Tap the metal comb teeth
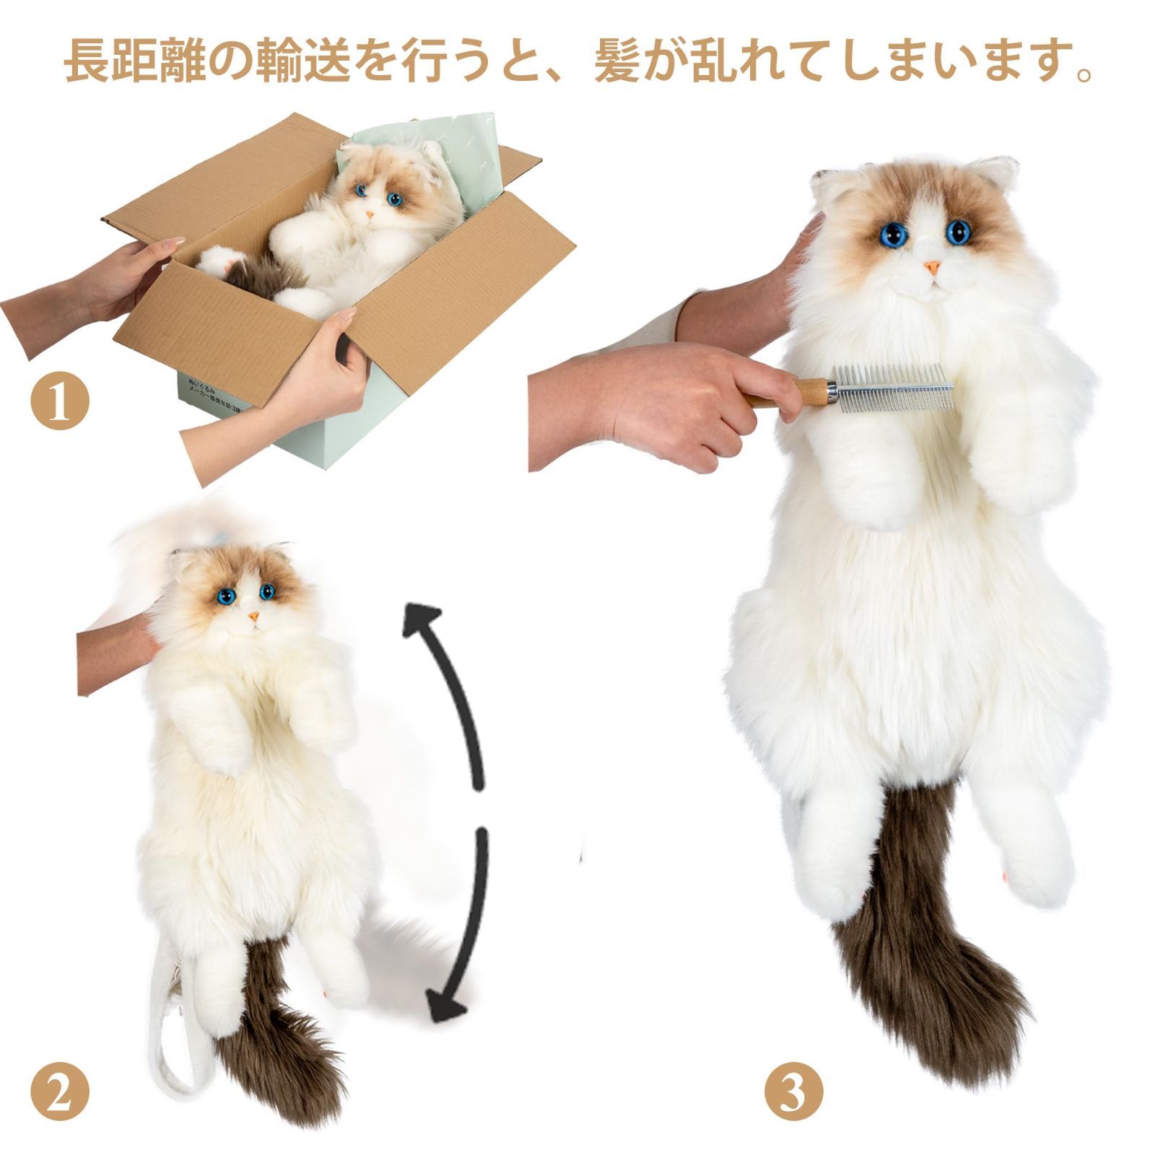895,390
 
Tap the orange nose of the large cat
932,268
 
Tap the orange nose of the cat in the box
369,215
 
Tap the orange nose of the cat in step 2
253,617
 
